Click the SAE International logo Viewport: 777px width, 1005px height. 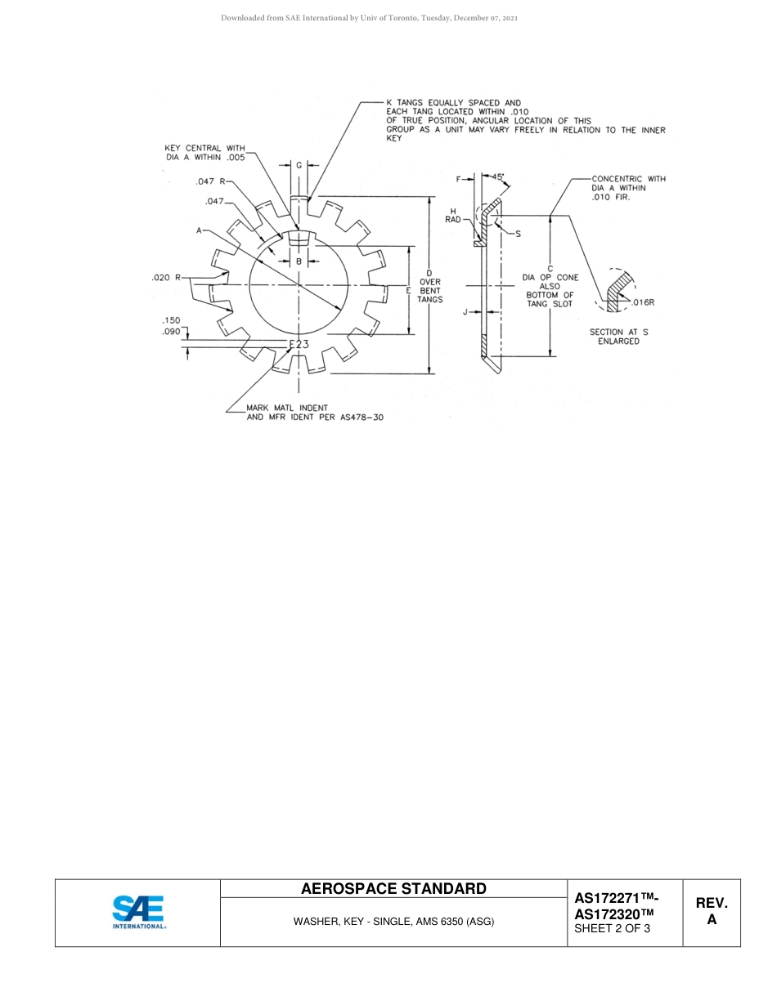coord(138,913)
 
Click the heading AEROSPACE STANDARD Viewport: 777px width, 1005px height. coord(393,889)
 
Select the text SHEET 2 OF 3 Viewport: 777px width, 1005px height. coord(613,928)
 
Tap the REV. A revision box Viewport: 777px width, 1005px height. coord(711,912)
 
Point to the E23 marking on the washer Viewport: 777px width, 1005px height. coord(299,344)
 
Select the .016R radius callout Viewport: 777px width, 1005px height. coord(643,302)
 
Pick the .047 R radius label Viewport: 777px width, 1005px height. coord(210,181)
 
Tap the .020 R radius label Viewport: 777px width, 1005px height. coord(166,278)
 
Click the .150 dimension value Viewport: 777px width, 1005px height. coord(171,321)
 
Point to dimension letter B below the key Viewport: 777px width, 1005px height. coord(299,261)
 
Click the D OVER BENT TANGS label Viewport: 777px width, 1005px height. coord(429,286)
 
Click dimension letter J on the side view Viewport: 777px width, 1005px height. coord(465,311)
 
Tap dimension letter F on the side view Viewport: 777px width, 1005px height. coord(459,178)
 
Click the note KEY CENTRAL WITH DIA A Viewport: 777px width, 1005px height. coord(204,153)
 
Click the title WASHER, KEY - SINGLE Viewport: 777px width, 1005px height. coord(393,922)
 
